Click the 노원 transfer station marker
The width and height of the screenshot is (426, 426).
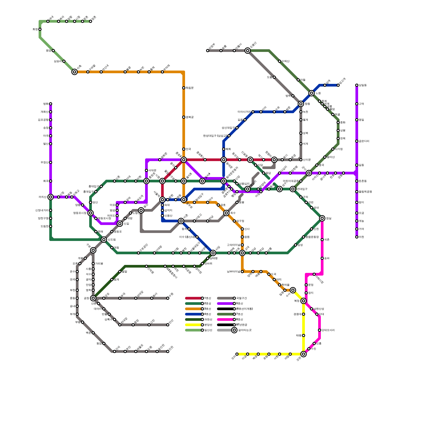pos(312,93)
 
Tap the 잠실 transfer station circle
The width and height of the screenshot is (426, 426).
pos(322,218)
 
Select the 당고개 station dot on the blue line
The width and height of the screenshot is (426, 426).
pos(338,85)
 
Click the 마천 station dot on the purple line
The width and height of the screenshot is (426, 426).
pos(357,237)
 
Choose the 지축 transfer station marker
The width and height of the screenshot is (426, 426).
pos(75,72)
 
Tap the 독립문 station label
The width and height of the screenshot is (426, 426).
pos(190,88)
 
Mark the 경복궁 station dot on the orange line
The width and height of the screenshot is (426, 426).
pos(184,117)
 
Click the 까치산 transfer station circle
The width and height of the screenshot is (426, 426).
pos(51,197)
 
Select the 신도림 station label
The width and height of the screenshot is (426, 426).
pos(112,240)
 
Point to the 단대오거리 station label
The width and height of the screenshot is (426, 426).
pos(328,330)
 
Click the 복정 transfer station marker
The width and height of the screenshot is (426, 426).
pos(304,301)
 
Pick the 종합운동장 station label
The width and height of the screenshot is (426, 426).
pos(312,237)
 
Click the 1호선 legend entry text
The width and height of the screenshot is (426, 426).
pos(208,298)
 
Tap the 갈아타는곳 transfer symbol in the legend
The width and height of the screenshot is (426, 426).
pos(234,330)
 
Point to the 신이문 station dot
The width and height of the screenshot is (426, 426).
pos(301,160)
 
